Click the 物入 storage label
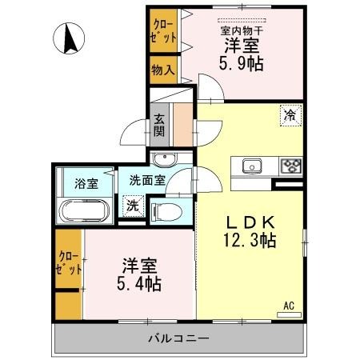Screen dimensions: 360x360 162,70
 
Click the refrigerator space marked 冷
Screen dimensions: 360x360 290,114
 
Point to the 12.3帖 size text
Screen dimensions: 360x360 250,239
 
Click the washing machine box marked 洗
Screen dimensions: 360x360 132,205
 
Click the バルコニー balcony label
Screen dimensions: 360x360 178,338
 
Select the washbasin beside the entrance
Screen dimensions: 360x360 164,156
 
